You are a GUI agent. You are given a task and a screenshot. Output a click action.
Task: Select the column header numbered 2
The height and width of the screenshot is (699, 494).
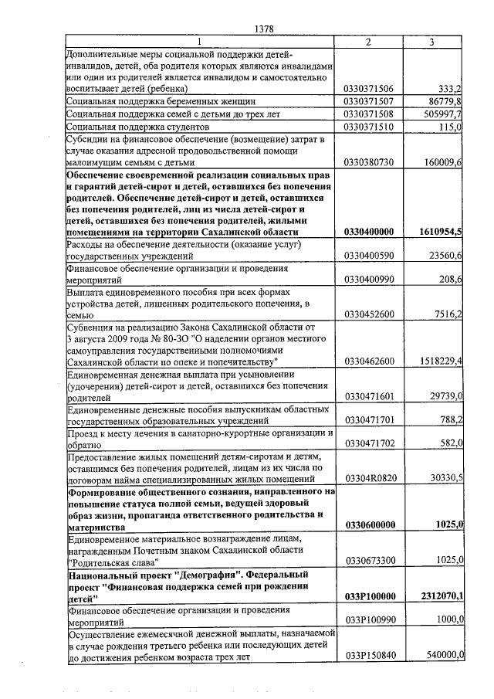click(x=368, y=42)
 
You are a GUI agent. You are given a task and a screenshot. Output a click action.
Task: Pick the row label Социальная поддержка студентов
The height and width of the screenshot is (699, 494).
click(x=138, y=126)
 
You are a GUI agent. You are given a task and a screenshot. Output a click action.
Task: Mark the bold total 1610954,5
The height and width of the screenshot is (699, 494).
click(x=439, y=232)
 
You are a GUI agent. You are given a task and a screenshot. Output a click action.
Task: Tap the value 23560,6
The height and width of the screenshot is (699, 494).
click(x=444, y=255)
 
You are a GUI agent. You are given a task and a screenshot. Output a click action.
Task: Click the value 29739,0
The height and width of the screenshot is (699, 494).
click(x=444, y=395)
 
